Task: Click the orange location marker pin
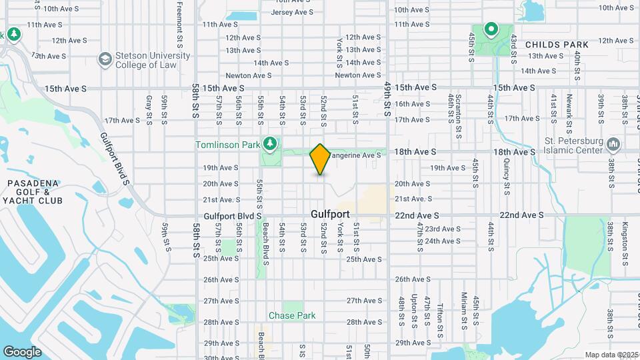321,159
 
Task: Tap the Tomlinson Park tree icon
270,143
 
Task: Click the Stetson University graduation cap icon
105,59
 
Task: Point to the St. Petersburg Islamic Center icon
613,144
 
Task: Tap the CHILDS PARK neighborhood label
557,45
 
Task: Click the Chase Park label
292,315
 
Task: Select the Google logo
23,351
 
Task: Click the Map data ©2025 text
611,355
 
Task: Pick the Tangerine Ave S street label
356,155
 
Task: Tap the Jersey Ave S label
292,12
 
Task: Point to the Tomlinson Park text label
227,145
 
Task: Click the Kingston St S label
627,243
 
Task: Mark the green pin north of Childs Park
491,29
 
